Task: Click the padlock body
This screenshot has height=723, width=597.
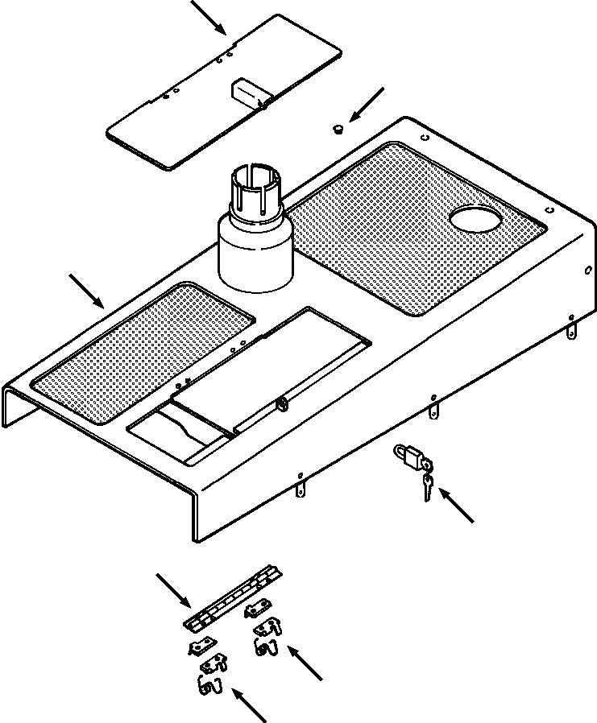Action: click(408, 460)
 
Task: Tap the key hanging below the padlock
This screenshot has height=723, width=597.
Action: click(427, 486)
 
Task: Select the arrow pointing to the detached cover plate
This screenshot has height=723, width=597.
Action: click(209, 16)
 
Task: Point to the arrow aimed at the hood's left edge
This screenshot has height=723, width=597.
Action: click(87, 291)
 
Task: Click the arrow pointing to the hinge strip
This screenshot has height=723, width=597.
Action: click(173, 589)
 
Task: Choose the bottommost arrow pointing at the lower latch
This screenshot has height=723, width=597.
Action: click(249, 705)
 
